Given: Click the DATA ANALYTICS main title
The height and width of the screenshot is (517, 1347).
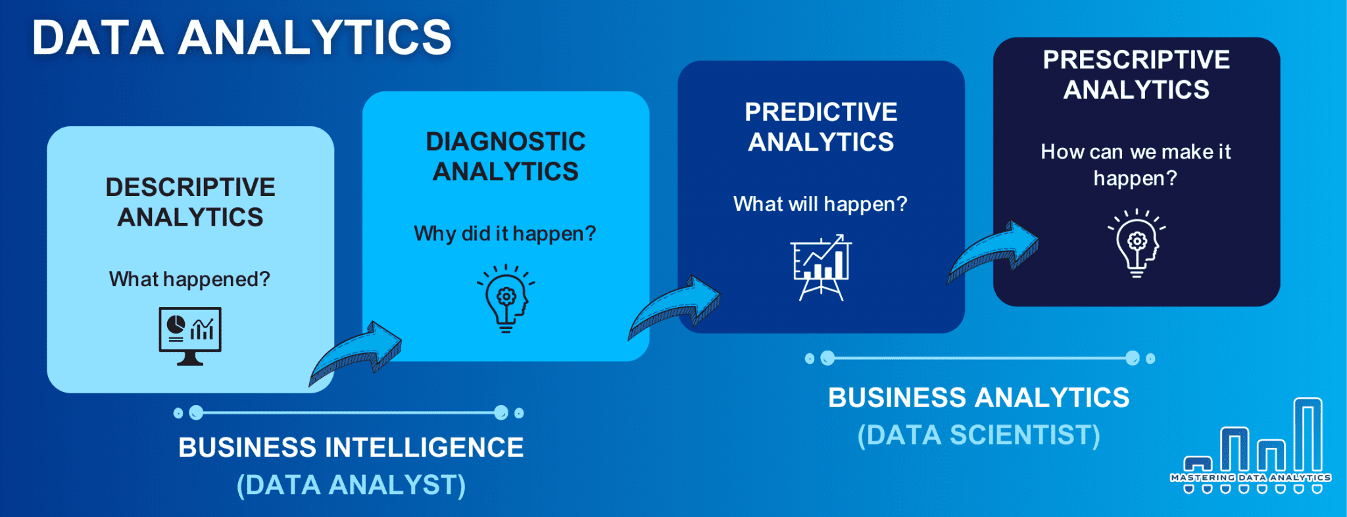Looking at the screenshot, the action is point(241,37).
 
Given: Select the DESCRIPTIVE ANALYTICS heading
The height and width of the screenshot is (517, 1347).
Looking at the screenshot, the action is point(190,202).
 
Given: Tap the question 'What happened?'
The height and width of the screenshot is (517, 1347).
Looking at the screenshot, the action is point(189,279).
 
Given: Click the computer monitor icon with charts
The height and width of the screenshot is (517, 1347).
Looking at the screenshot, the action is point(190,336).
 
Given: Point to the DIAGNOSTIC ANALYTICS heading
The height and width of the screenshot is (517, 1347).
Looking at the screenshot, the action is point(505,157).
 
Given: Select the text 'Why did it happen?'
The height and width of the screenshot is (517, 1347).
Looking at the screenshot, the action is point(505,234).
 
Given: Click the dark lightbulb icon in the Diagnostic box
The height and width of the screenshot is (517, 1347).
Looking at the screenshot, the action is point(506,299).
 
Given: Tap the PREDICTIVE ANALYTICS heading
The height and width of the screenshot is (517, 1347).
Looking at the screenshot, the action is point(821,127).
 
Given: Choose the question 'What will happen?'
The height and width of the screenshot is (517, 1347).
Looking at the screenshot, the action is point(820,204).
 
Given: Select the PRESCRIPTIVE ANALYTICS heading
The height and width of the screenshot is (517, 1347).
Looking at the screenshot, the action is point(1136,74).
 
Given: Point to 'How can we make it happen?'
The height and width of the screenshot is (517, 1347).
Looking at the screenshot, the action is point(1136,164).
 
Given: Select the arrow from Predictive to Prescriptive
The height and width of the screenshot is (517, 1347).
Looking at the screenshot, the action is point(993,253).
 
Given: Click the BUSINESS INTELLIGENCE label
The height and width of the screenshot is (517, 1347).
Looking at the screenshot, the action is point(351,447).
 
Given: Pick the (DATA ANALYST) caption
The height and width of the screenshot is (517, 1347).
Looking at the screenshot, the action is point(351,485).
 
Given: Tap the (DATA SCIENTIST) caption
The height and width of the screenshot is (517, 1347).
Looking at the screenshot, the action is point(979,435).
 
